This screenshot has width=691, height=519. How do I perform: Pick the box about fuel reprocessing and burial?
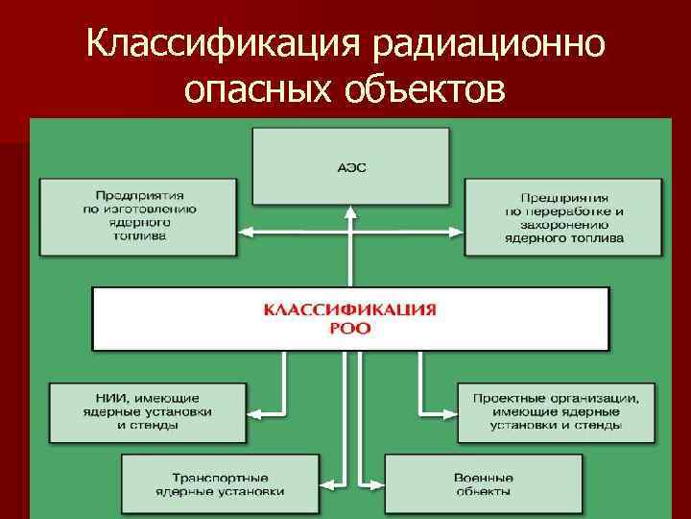click(564, 216)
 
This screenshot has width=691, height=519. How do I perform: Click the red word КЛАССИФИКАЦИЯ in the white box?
click(350, 310)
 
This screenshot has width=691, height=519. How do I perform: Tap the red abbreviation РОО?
click(350, 328)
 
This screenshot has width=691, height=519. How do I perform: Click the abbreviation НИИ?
click(101, 397)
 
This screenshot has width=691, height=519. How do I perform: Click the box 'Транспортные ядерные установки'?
click(220, 484)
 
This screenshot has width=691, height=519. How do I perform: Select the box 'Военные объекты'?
click(483, 484)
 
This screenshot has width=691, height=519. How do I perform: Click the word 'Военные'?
click(483, 478)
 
